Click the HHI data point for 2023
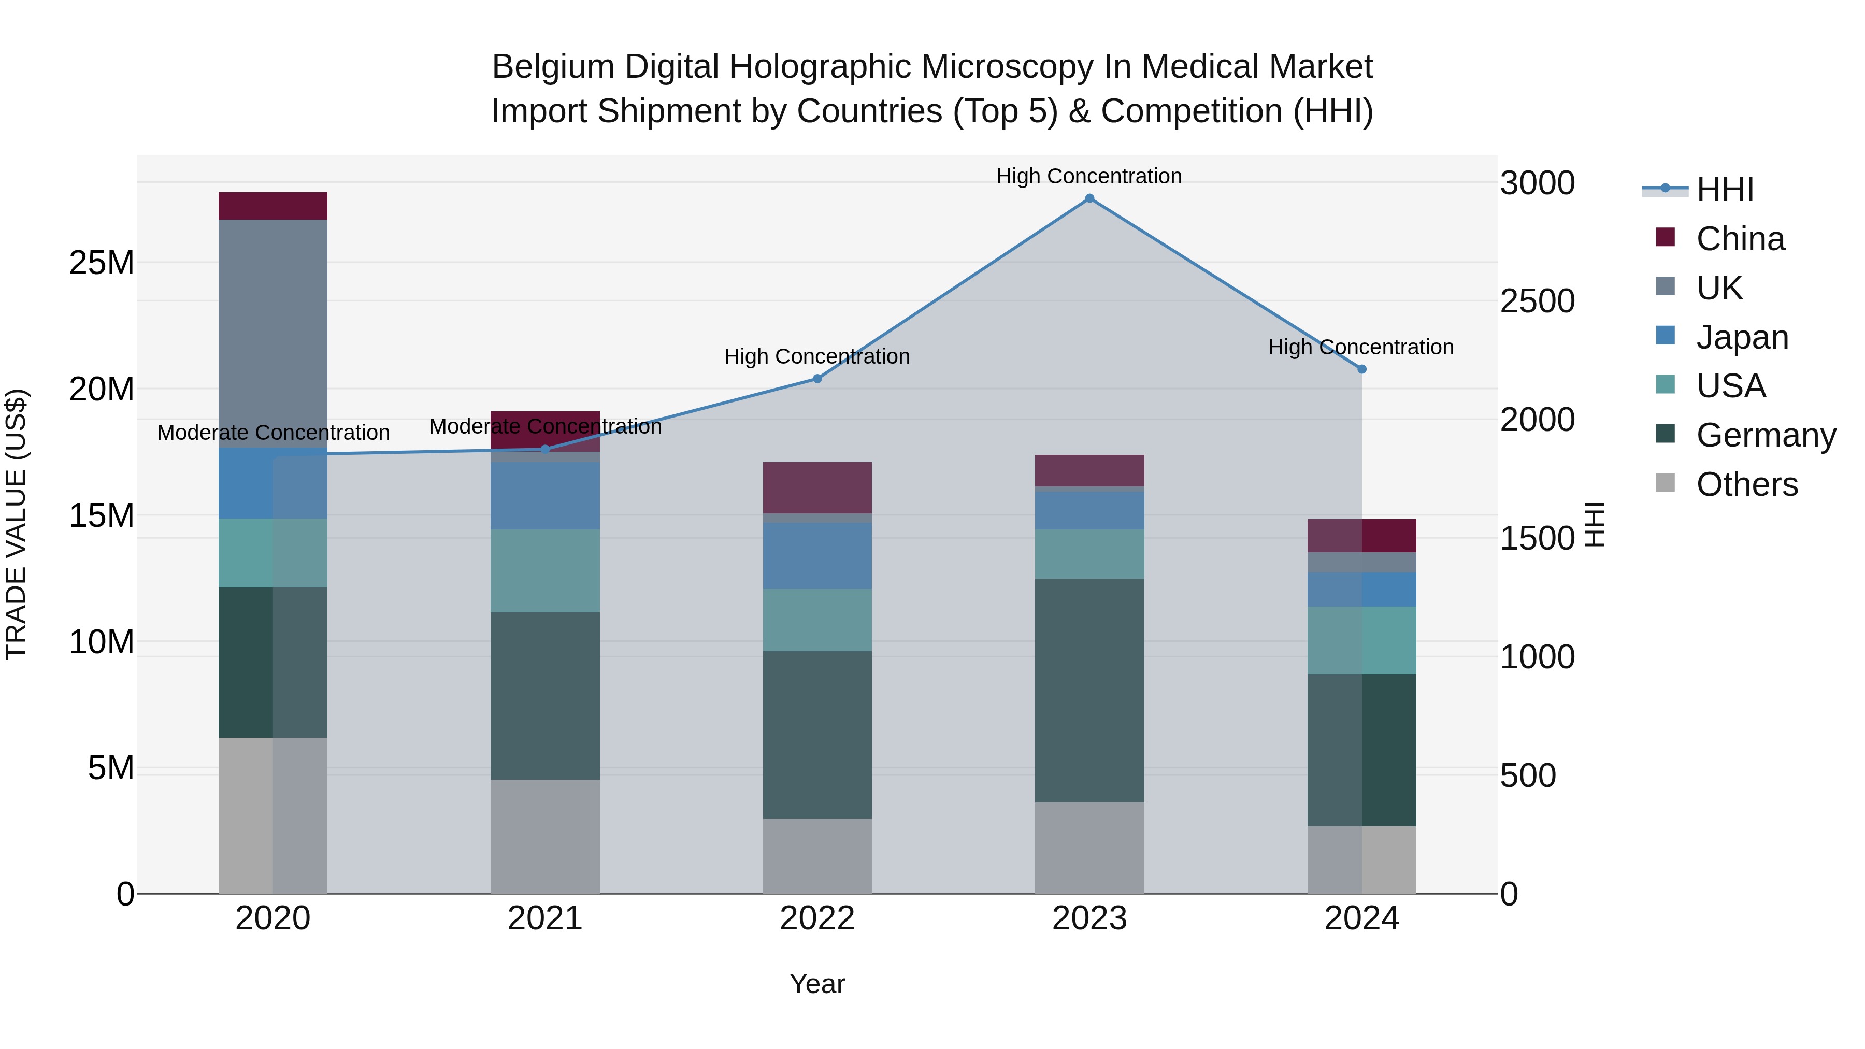pyautogui.click(x=1089, y=198)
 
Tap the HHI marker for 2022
pyautogui.click(x=817, y=379)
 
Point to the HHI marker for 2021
pyautogui.click(x=545, y=450)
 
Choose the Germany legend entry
pyautogui.click(x=1765, y=435)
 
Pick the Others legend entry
pyautogui.click(x=1746, y=484)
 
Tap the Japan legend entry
pyautogui.click(x=1742, y=337)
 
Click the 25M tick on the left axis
pyautogui.click(x=102, y=263)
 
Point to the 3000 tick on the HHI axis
pyautogui.click(x=1537, y=183)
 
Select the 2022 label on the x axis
pyautogui.click(x=817, y=918)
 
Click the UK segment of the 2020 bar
pyautogui.click(x=273, y=333)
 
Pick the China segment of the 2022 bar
pyautogui.click(x=817, y=487)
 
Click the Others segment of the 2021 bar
pyautogui.click(x=545, y=836)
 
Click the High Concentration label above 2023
pyautogui.click(x=1089, y=176)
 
